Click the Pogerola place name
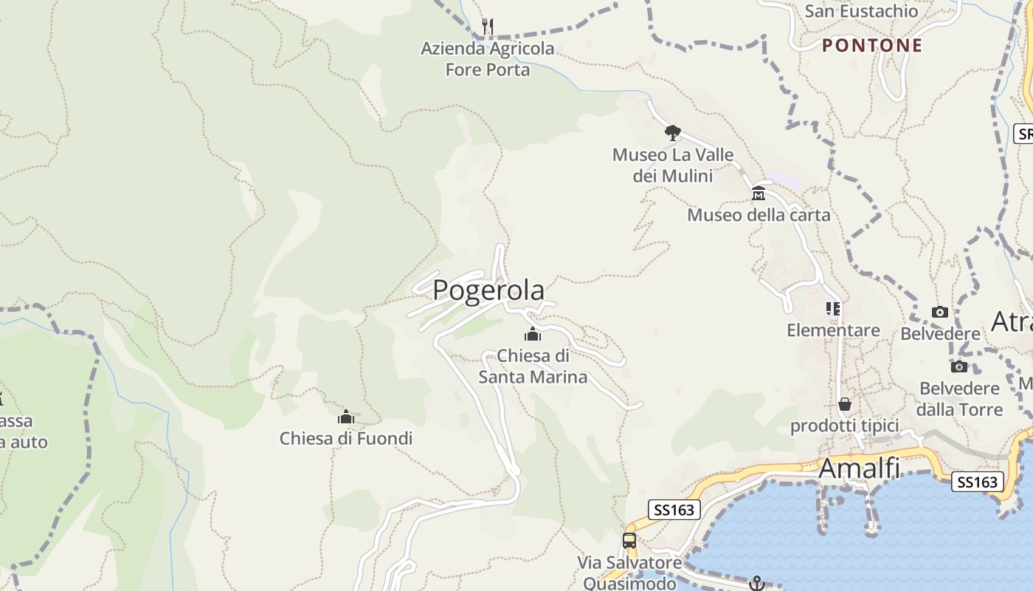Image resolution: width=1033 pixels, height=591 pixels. (488, 290)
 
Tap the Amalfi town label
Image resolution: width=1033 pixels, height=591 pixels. (859, 468)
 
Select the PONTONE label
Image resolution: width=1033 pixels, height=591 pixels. (872, 45)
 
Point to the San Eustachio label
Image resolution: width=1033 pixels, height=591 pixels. (861, 11)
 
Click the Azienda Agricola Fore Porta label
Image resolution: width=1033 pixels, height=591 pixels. (487, 59)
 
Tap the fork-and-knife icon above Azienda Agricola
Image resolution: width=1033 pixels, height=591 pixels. (487, 27)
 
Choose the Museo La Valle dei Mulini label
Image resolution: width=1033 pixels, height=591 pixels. (673, 165)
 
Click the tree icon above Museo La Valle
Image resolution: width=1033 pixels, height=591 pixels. (672, 133)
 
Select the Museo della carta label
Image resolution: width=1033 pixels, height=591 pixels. (759, 215)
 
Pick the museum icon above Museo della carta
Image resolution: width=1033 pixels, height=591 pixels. (758, 194)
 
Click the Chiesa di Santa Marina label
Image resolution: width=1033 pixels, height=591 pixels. (533, 366)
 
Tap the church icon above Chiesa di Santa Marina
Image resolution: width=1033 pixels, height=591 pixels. (533, 335)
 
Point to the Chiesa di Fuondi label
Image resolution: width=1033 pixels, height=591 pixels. (345, 438)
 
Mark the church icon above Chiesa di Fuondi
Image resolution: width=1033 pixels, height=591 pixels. (346, 417)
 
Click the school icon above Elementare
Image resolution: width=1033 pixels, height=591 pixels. (833, 309)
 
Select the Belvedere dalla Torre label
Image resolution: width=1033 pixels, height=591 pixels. (960, 399)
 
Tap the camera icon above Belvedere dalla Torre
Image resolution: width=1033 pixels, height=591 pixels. (959, 366)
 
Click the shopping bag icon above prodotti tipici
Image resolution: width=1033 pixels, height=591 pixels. (845, 404)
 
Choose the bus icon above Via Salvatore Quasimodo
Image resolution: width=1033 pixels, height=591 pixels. (629, 541)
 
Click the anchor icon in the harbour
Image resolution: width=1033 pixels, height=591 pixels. (756, 584)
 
